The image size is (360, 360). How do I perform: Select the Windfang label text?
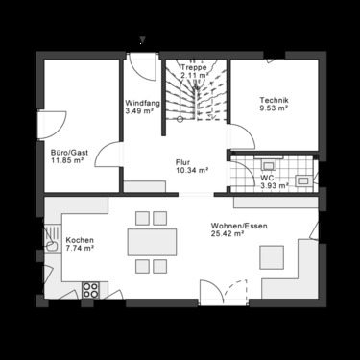(142, 103)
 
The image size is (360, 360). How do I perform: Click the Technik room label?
(274, 101)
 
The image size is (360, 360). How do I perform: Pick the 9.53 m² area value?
(274, 109)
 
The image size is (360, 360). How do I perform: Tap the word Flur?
(183, 161)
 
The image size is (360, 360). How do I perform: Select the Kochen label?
(79, 239)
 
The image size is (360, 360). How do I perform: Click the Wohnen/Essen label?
(233, 225)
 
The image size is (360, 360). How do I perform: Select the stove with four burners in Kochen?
(92, 288)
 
